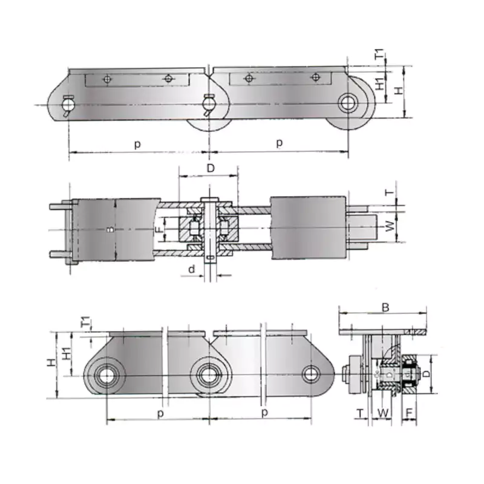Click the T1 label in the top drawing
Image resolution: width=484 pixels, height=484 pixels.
pyautogui.click(x=380, y=54)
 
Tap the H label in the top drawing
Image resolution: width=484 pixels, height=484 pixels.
pyautogui.click(x=397, y=90)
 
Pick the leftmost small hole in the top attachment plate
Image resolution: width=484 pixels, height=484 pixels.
pyautogui.click(x=107, y=79)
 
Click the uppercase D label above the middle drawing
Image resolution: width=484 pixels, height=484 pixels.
pyautogui.click(x=210, y=168)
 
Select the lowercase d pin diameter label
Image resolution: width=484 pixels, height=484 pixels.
pyautogui.click(x=192, y=269)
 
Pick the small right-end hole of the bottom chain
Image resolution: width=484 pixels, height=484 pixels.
pyautogui.click(x=311, y=374)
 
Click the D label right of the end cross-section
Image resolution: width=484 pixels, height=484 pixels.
pyautogui.click(x=427, y=374)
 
